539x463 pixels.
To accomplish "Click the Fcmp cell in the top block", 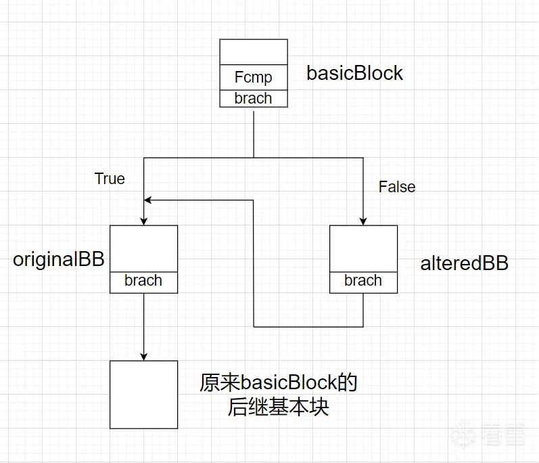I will [254, 77].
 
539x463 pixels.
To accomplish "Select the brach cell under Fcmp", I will [254, 98].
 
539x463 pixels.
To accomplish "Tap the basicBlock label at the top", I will [354, 73].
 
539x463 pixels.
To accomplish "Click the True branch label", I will [110, 179].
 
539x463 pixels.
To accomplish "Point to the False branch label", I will [397, 186].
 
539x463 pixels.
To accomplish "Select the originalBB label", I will [59, 260].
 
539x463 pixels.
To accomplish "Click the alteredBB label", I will [464, 263].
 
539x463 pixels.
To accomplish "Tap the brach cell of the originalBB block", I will [143, 281].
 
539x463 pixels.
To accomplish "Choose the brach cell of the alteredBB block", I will [363, 281].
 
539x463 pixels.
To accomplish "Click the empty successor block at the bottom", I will [143, 394].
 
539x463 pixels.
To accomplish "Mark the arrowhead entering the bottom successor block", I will [143, 356].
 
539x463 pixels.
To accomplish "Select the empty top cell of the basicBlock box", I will [254, 53].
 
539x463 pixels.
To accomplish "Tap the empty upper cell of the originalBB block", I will [143, 248].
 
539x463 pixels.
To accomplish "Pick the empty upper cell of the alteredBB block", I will [363, 248].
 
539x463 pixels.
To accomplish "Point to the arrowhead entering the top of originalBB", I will [143, 221].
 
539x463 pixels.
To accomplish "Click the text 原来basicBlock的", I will [278, 383].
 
